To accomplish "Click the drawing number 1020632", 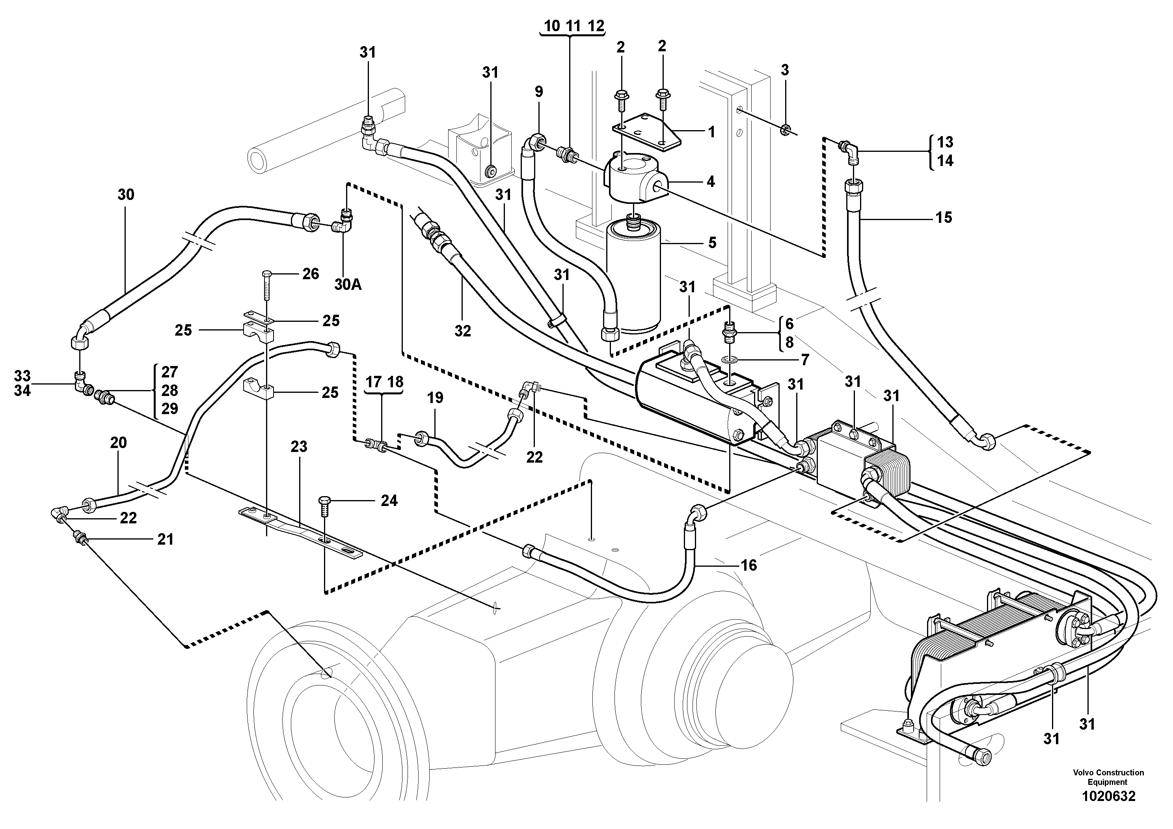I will point(1108,796).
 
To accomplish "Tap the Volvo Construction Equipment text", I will point(1108,777).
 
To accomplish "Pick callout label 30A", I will point(348,284).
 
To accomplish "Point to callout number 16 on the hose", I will point(748,565).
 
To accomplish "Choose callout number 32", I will point(462,331).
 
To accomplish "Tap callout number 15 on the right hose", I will point(944,218).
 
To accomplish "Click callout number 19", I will point(435,398).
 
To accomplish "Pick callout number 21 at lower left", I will point(165,539).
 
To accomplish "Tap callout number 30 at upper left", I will point(126,195).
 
